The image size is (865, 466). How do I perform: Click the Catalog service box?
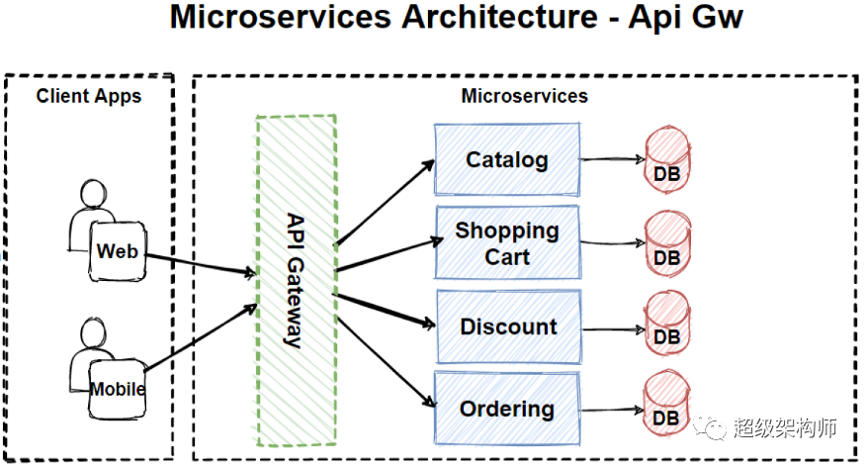click(x=507, y=159)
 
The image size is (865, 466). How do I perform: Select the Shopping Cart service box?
click(x=508, y=242)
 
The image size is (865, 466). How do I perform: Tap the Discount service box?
click(x=509, y=326)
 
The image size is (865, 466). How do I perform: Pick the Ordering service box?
click(x=507, y=409)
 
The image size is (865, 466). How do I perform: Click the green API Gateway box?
click(x=297, y=280)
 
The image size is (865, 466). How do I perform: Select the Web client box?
click(x=118, y=251)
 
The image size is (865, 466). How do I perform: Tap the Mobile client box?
click(x=118, y=389)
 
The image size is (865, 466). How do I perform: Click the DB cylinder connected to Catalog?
click(x=667, y=159)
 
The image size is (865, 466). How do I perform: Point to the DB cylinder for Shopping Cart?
click(x=667, y=243)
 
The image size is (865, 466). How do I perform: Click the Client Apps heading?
click(x=89, y=96)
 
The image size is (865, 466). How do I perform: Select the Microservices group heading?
click(x=525, y=96)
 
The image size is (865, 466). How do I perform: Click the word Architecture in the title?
click(x=499, y=17)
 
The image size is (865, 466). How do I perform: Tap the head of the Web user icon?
click(x=93, y=193)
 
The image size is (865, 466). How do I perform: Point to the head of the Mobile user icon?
click(x=93, y=332)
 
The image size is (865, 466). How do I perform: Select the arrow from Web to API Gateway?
click(x=202, y=264)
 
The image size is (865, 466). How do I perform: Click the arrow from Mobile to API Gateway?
click(x=202, y=336)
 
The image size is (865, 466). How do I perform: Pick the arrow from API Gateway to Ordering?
click(x=387, y=362)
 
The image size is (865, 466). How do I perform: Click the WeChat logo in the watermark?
click(x=710, y=427)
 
